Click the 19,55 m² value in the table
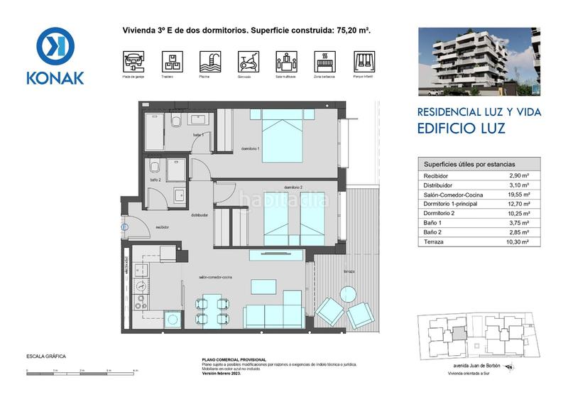520,193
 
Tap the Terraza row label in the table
435,241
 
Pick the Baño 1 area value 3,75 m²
520,222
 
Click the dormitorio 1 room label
248,148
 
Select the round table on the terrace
348,293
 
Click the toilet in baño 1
176,123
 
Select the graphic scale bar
82,369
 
